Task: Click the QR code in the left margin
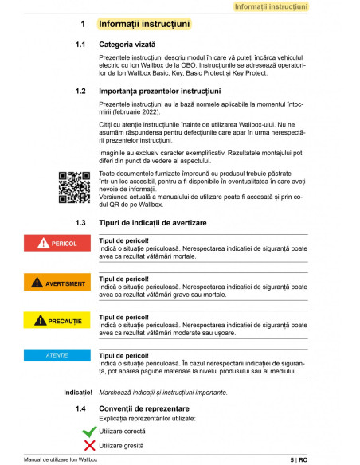tap(73, 187)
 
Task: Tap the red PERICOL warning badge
tap(58, 243)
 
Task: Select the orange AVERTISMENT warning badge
tap(58, 283)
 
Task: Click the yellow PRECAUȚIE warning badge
tap(58, 321)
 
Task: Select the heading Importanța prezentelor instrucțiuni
tap(158, 92)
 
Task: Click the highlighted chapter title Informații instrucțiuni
tap(144, 25)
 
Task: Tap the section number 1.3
tap(80, 221)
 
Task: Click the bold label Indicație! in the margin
tap(78, 393)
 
